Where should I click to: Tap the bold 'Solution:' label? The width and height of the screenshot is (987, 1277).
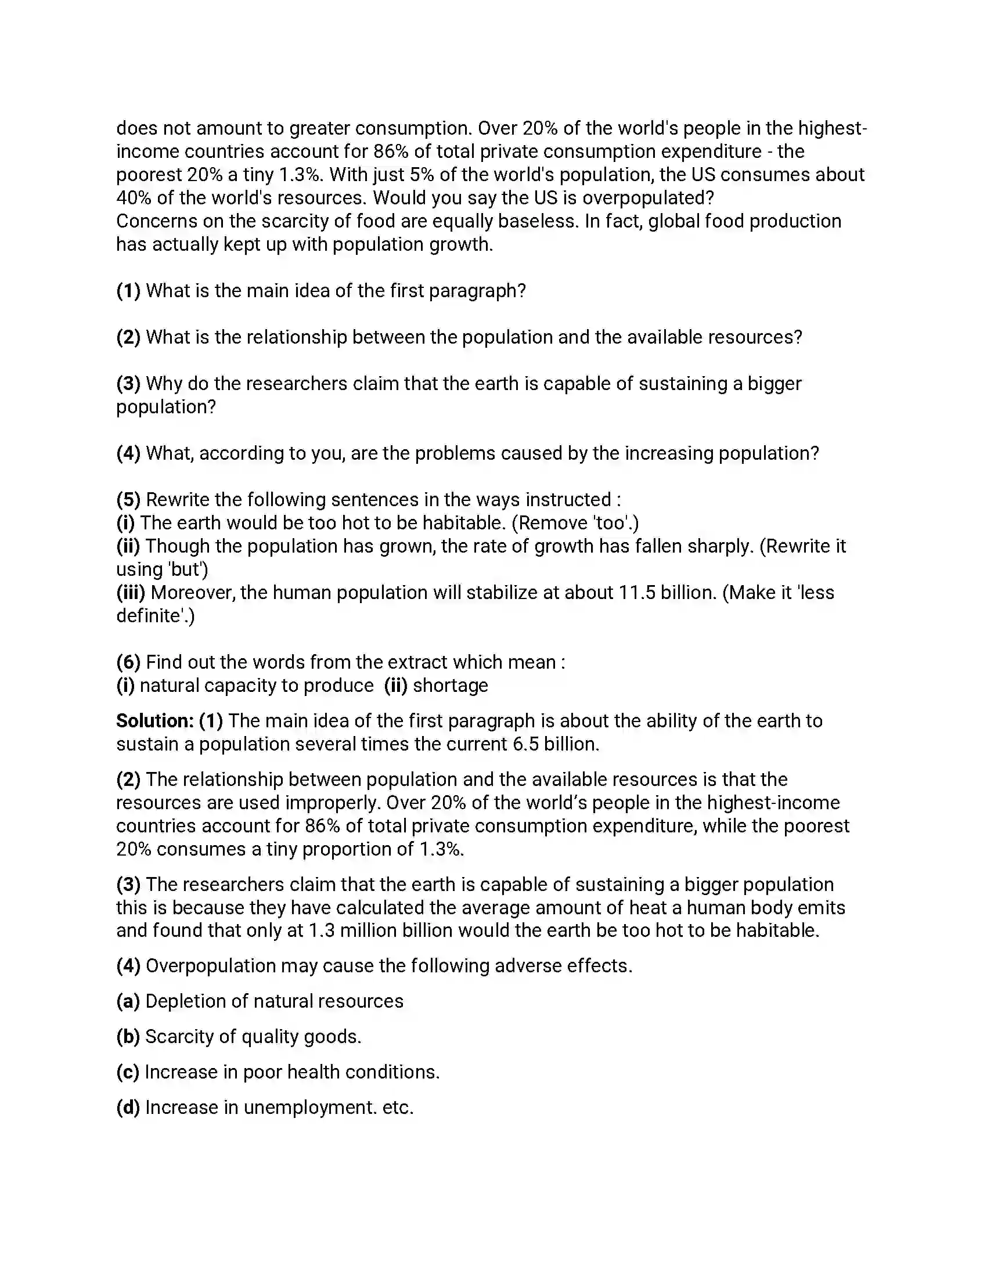[x=154, y=721]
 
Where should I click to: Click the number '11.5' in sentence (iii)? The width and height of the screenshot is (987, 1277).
[x=637, y=593]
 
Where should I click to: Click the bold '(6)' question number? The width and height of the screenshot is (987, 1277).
[x=128, y=662]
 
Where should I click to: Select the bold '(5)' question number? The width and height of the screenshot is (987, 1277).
[x=128, y=500]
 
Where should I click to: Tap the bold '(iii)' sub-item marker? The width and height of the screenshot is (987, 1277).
[x=131, y=593]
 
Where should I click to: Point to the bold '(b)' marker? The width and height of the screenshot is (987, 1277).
[x=128, y=1037]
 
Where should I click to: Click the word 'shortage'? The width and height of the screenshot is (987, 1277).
[x=450, y=686]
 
